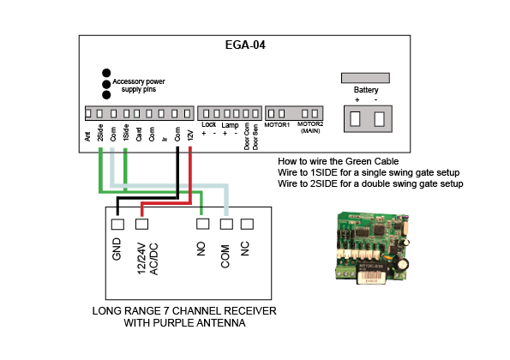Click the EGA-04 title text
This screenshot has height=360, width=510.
(x=245, y=45)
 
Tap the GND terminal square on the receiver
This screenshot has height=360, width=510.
(x=117, y=224)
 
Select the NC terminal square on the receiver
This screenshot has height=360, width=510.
(x=247, y=224)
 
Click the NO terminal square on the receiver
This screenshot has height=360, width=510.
(x=202, y=224)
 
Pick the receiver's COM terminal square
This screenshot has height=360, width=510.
(x=226, y=224)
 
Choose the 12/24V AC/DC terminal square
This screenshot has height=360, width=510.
(x=141, y=224)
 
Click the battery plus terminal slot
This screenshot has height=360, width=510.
(x=355, y=118)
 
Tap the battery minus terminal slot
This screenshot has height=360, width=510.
(x=379, y=118)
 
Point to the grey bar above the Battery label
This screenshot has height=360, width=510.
(x=365, y=78)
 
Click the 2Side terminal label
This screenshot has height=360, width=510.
(x=100, y=133)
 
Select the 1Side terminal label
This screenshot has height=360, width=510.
(x=126, y=133)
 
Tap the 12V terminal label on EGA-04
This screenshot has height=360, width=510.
(x=190, y=135)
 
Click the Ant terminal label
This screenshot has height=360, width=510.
(x=87, y=136)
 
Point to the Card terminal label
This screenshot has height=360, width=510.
(x=139, y=135)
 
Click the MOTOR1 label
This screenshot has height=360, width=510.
(x=277, y=125)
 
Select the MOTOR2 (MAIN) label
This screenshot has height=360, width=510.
(x=310, y=128)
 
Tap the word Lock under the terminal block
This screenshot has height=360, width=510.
(x=208, y=124)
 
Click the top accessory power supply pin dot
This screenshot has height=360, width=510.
(x=106, y=73)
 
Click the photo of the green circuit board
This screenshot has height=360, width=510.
(x=372, y=248)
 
